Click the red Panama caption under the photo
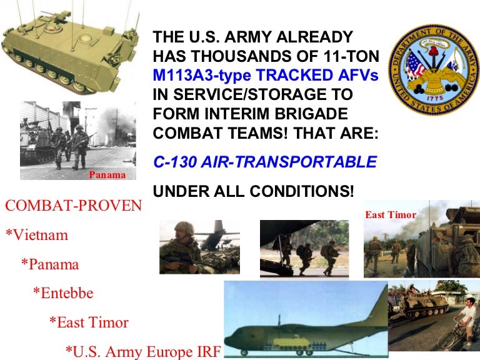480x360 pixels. [x=107, y=175]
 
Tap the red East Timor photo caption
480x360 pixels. [x=390, y=214]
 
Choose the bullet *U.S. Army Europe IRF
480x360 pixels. [x=143, y=351]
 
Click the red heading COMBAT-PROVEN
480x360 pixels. [x=73, y=206]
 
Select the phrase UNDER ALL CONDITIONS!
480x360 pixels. [x=253, y=192]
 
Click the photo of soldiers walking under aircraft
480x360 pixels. [x=307, y=248]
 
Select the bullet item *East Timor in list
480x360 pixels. [x=89, y=322]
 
